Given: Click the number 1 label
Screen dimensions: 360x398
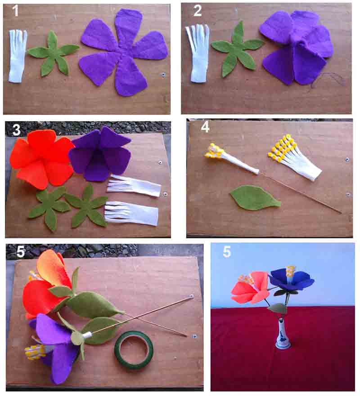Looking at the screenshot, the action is (15, 11).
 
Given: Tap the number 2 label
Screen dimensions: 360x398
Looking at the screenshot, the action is (198, 11).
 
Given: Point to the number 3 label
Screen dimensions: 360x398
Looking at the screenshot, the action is (16, 130).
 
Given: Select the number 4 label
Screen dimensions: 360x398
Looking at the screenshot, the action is (205, 126).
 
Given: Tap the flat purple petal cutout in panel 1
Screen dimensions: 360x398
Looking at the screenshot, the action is (123, 52).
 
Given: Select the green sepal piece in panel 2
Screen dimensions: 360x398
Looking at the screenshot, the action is (237, 49).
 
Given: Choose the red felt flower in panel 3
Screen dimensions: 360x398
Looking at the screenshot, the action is (42, 159).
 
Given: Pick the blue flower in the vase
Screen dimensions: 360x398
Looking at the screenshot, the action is (292, 279).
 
